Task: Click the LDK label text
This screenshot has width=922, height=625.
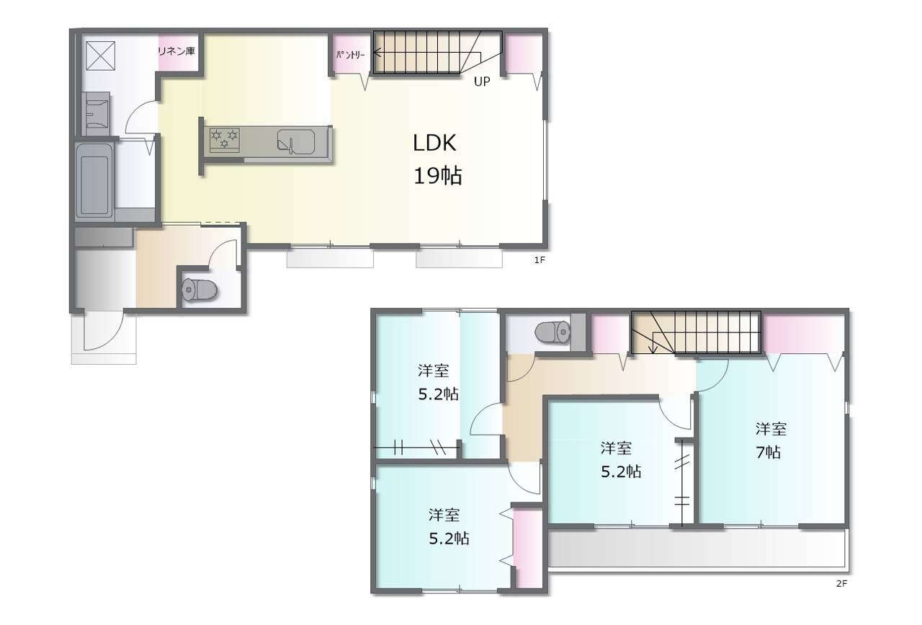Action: tap(434, 143)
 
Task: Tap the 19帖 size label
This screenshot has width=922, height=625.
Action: tap(437, 176)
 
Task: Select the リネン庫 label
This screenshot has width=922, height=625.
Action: tap(176, 51)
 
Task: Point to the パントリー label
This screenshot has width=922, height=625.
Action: tap(351, 55)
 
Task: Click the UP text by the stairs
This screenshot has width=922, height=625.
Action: tap(482, 81)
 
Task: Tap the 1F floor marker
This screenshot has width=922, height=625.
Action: tap(540, 260)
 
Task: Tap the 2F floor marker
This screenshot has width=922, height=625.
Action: tap(842, 583)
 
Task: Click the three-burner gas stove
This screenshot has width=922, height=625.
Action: tap(224, 140)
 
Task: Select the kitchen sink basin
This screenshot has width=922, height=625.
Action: tap(296, 142)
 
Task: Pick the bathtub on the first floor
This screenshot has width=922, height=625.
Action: tap(94, 179)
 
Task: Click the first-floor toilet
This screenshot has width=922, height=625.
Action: tap(200, 290)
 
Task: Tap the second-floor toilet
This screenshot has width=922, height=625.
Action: tap(552, 332)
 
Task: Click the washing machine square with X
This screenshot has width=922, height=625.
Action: tap(100, 56)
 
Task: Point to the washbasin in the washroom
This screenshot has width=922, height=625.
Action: tap(96, 114)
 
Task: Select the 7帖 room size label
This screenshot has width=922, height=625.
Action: tap(768, 453)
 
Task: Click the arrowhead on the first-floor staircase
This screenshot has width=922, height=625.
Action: tap(376, 53)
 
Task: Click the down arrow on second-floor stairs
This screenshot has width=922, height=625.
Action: tap(653, 350)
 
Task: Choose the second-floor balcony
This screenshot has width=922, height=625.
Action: tap(697, 549)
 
